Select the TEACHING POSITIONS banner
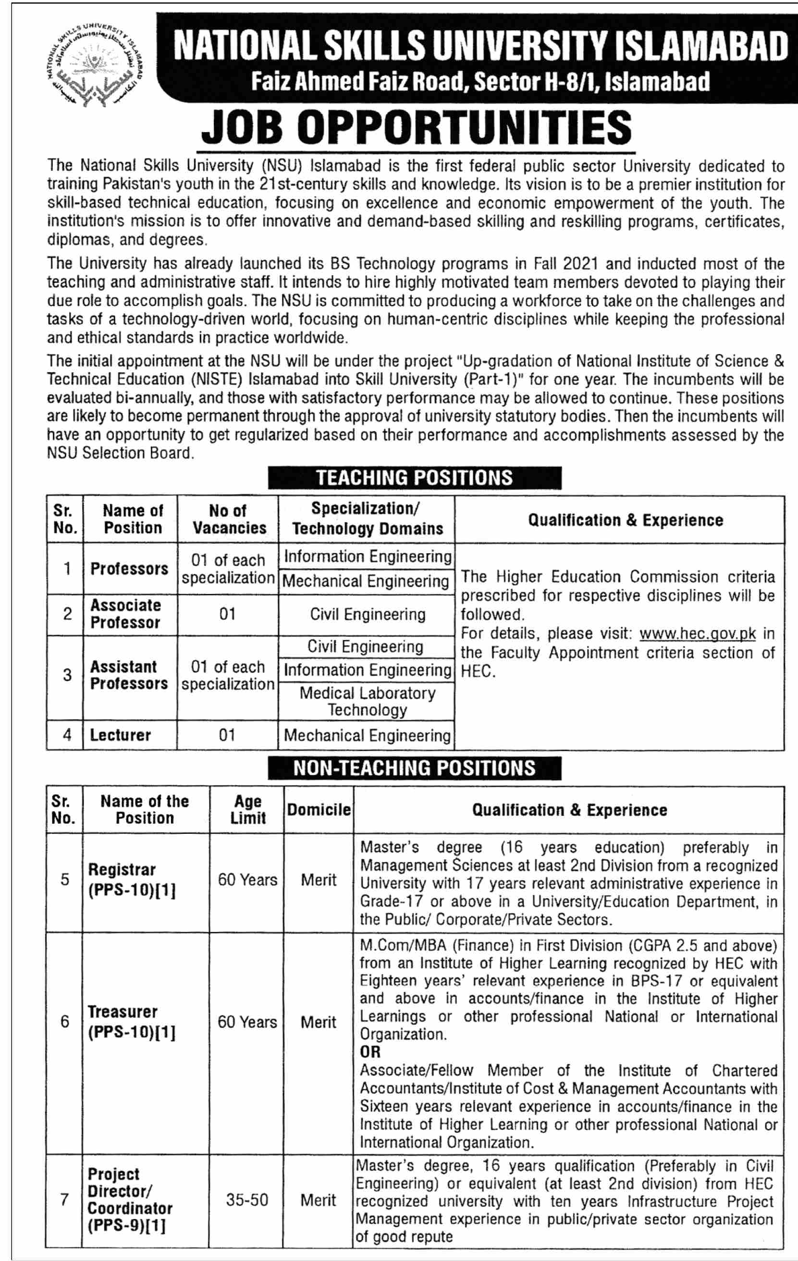point(414,478)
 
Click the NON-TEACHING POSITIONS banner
point(414,768)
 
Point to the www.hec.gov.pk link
point(698,634)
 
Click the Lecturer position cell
point(121,735)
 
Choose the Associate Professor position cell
point(126,614)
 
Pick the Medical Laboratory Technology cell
point(367,701)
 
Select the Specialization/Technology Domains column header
point(367,519)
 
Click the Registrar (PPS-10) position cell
point(132,880)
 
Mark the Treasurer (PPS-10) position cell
point(132,1022)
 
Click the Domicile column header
point(319,810)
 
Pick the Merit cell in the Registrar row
point(319,880)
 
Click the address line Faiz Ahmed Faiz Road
point(479,82)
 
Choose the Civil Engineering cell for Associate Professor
point(367,614)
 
